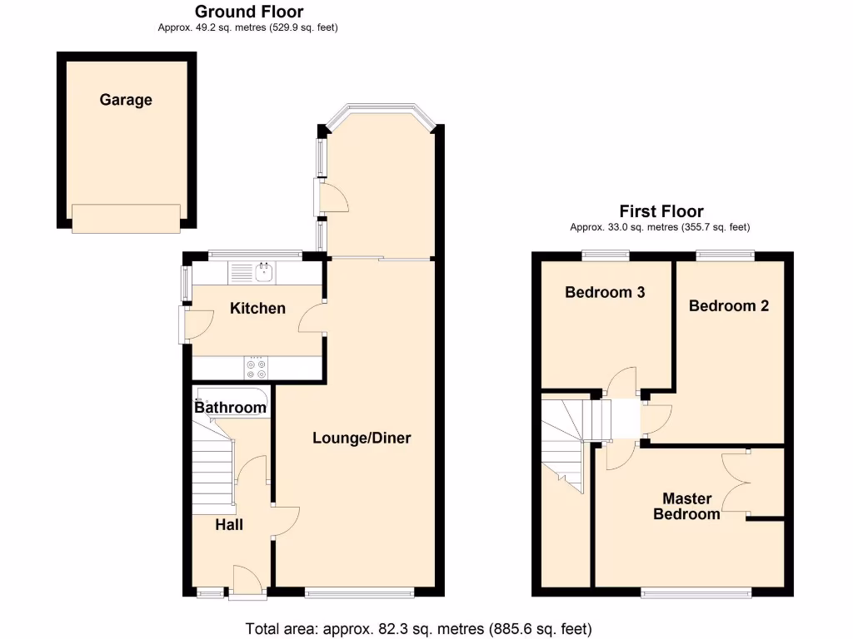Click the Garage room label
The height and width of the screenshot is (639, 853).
click(126, 100)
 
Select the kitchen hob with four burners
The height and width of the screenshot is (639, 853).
click(257, 367)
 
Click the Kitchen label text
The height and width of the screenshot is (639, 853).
click(257, 309)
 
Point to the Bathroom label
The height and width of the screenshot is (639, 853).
click(230, 408)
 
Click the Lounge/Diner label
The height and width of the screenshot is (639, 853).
click(362, 438)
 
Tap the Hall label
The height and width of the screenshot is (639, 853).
click(229, 525)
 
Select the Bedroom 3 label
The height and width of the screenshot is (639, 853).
click(605, 292)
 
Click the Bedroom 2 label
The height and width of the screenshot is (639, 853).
click(729, 305)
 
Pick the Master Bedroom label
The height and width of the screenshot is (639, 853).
click(686, 506)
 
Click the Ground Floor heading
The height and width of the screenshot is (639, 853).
click(248, 12)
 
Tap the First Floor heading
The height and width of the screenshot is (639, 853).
click(661, 211)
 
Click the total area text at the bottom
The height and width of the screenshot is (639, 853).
click(418, 628)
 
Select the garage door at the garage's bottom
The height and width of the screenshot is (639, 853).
click(126, 219)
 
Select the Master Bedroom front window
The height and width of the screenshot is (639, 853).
click(696, 593)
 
